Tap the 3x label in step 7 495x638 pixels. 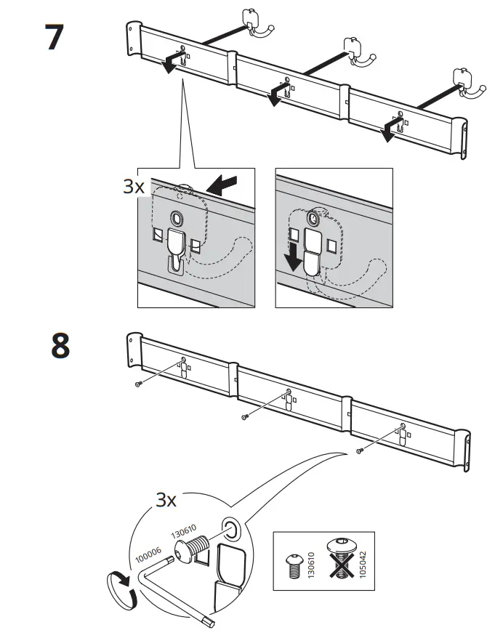134,187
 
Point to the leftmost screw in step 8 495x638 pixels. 138,384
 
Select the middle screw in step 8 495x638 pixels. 245,416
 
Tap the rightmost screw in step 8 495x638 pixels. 359,451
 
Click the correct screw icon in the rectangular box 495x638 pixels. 295,564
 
